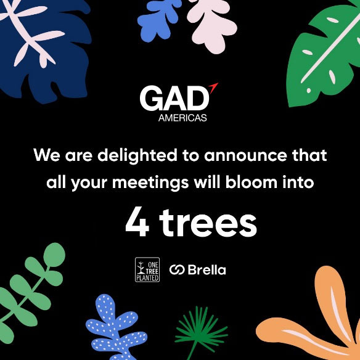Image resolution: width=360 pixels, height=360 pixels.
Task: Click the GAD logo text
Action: [174, 99]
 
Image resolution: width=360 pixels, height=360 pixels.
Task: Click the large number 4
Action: [137, 223]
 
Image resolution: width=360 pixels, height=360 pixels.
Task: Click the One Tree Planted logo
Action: [147, 270]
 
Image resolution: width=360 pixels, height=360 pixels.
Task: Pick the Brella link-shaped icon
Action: [177, 270]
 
